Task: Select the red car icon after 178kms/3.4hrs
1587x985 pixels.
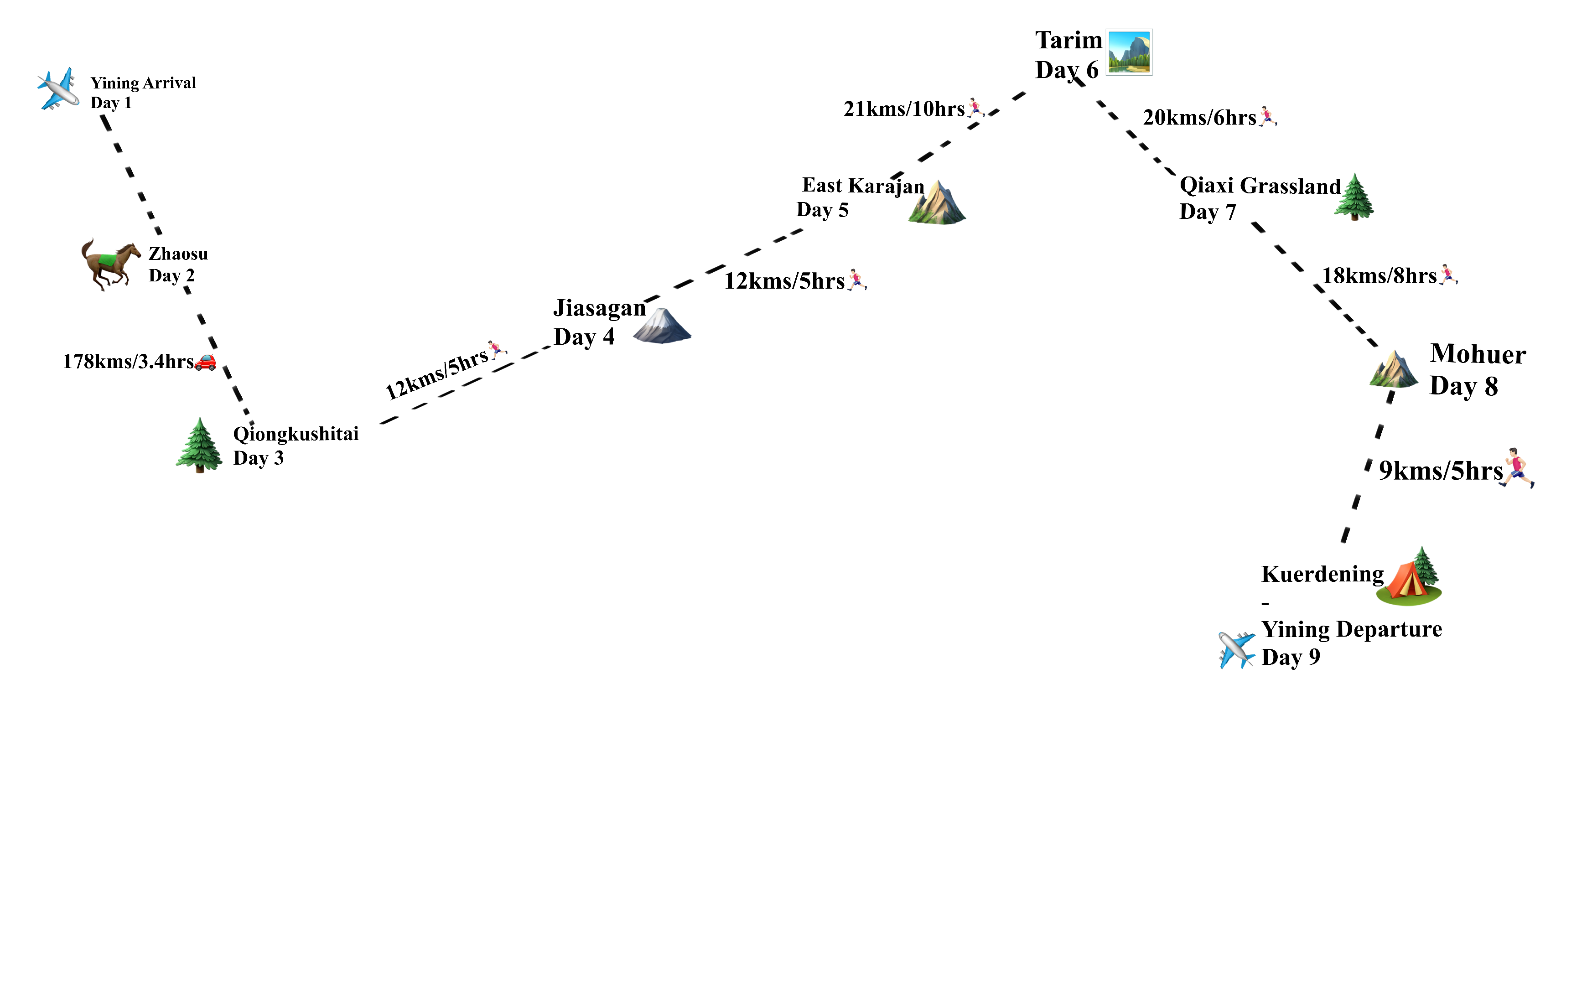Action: click(x=205, y=362)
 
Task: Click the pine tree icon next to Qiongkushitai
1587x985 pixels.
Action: click(x=199, y=445)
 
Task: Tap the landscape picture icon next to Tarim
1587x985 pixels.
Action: click(x=1130, y=52)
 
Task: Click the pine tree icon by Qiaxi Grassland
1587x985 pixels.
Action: click(x=1354, y=197)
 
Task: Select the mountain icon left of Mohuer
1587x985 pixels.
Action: click(x=1394, y=369)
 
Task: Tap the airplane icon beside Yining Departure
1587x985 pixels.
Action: click(x=1236, y=649)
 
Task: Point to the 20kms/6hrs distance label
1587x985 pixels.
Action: click(x=1199, y=118)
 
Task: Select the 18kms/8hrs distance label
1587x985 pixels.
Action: click(x=1379, y=276)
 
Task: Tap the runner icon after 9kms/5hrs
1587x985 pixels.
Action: click(x=1518, y=468)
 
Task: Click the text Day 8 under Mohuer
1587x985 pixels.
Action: click(x=1463, y=386)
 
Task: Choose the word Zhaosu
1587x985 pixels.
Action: click(x=178, y=254)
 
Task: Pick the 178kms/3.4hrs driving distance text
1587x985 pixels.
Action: click(x=128, y=362)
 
